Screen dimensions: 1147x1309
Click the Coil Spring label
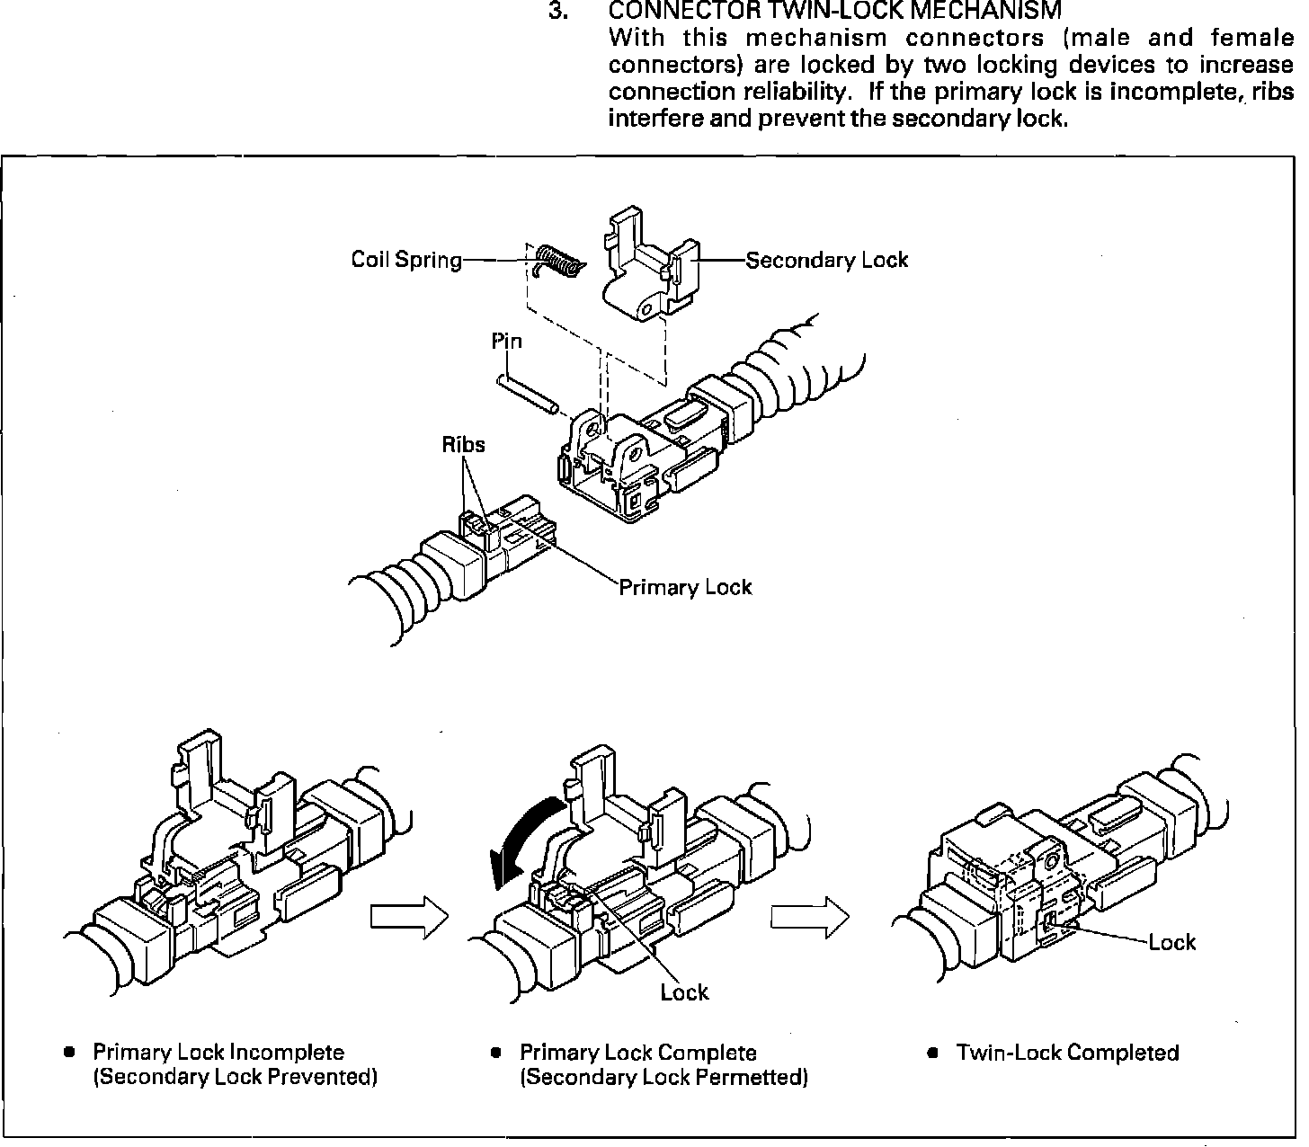point(405,261)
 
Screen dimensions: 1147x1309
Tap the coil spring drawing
point(557,261)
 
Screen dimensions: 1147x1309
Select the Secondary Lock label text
point(827,261)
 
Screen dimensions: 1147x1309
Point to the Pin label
point(506,342)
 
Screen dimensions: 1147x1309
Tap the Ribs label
point(463,444)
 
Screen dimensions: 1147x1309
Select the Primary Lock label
point(685,588)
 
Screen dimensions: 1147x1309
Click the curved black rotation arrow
point(521,837)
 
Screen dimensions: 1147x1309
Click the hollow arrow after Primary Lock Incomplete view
point(409,918)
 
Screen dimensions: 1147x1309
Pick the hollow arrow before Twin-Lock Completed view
point(809,918)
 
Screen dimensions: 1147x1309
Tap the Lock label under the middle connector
point(684,992)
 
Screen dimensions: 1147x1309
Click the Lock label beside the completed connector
point(1172,943)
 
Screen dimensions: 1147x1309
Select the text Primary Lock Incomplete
point(218,1053)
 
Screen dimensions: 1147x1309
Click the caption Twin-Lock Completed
point(1067,1053)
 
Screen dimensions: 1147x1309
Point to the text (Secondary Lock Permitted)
point(663,1077)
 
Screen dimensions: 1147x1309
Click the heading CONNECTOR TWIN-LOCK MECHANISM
point(835,12)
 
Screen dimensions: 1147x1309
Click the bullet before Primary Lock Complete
point(495,1053)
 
